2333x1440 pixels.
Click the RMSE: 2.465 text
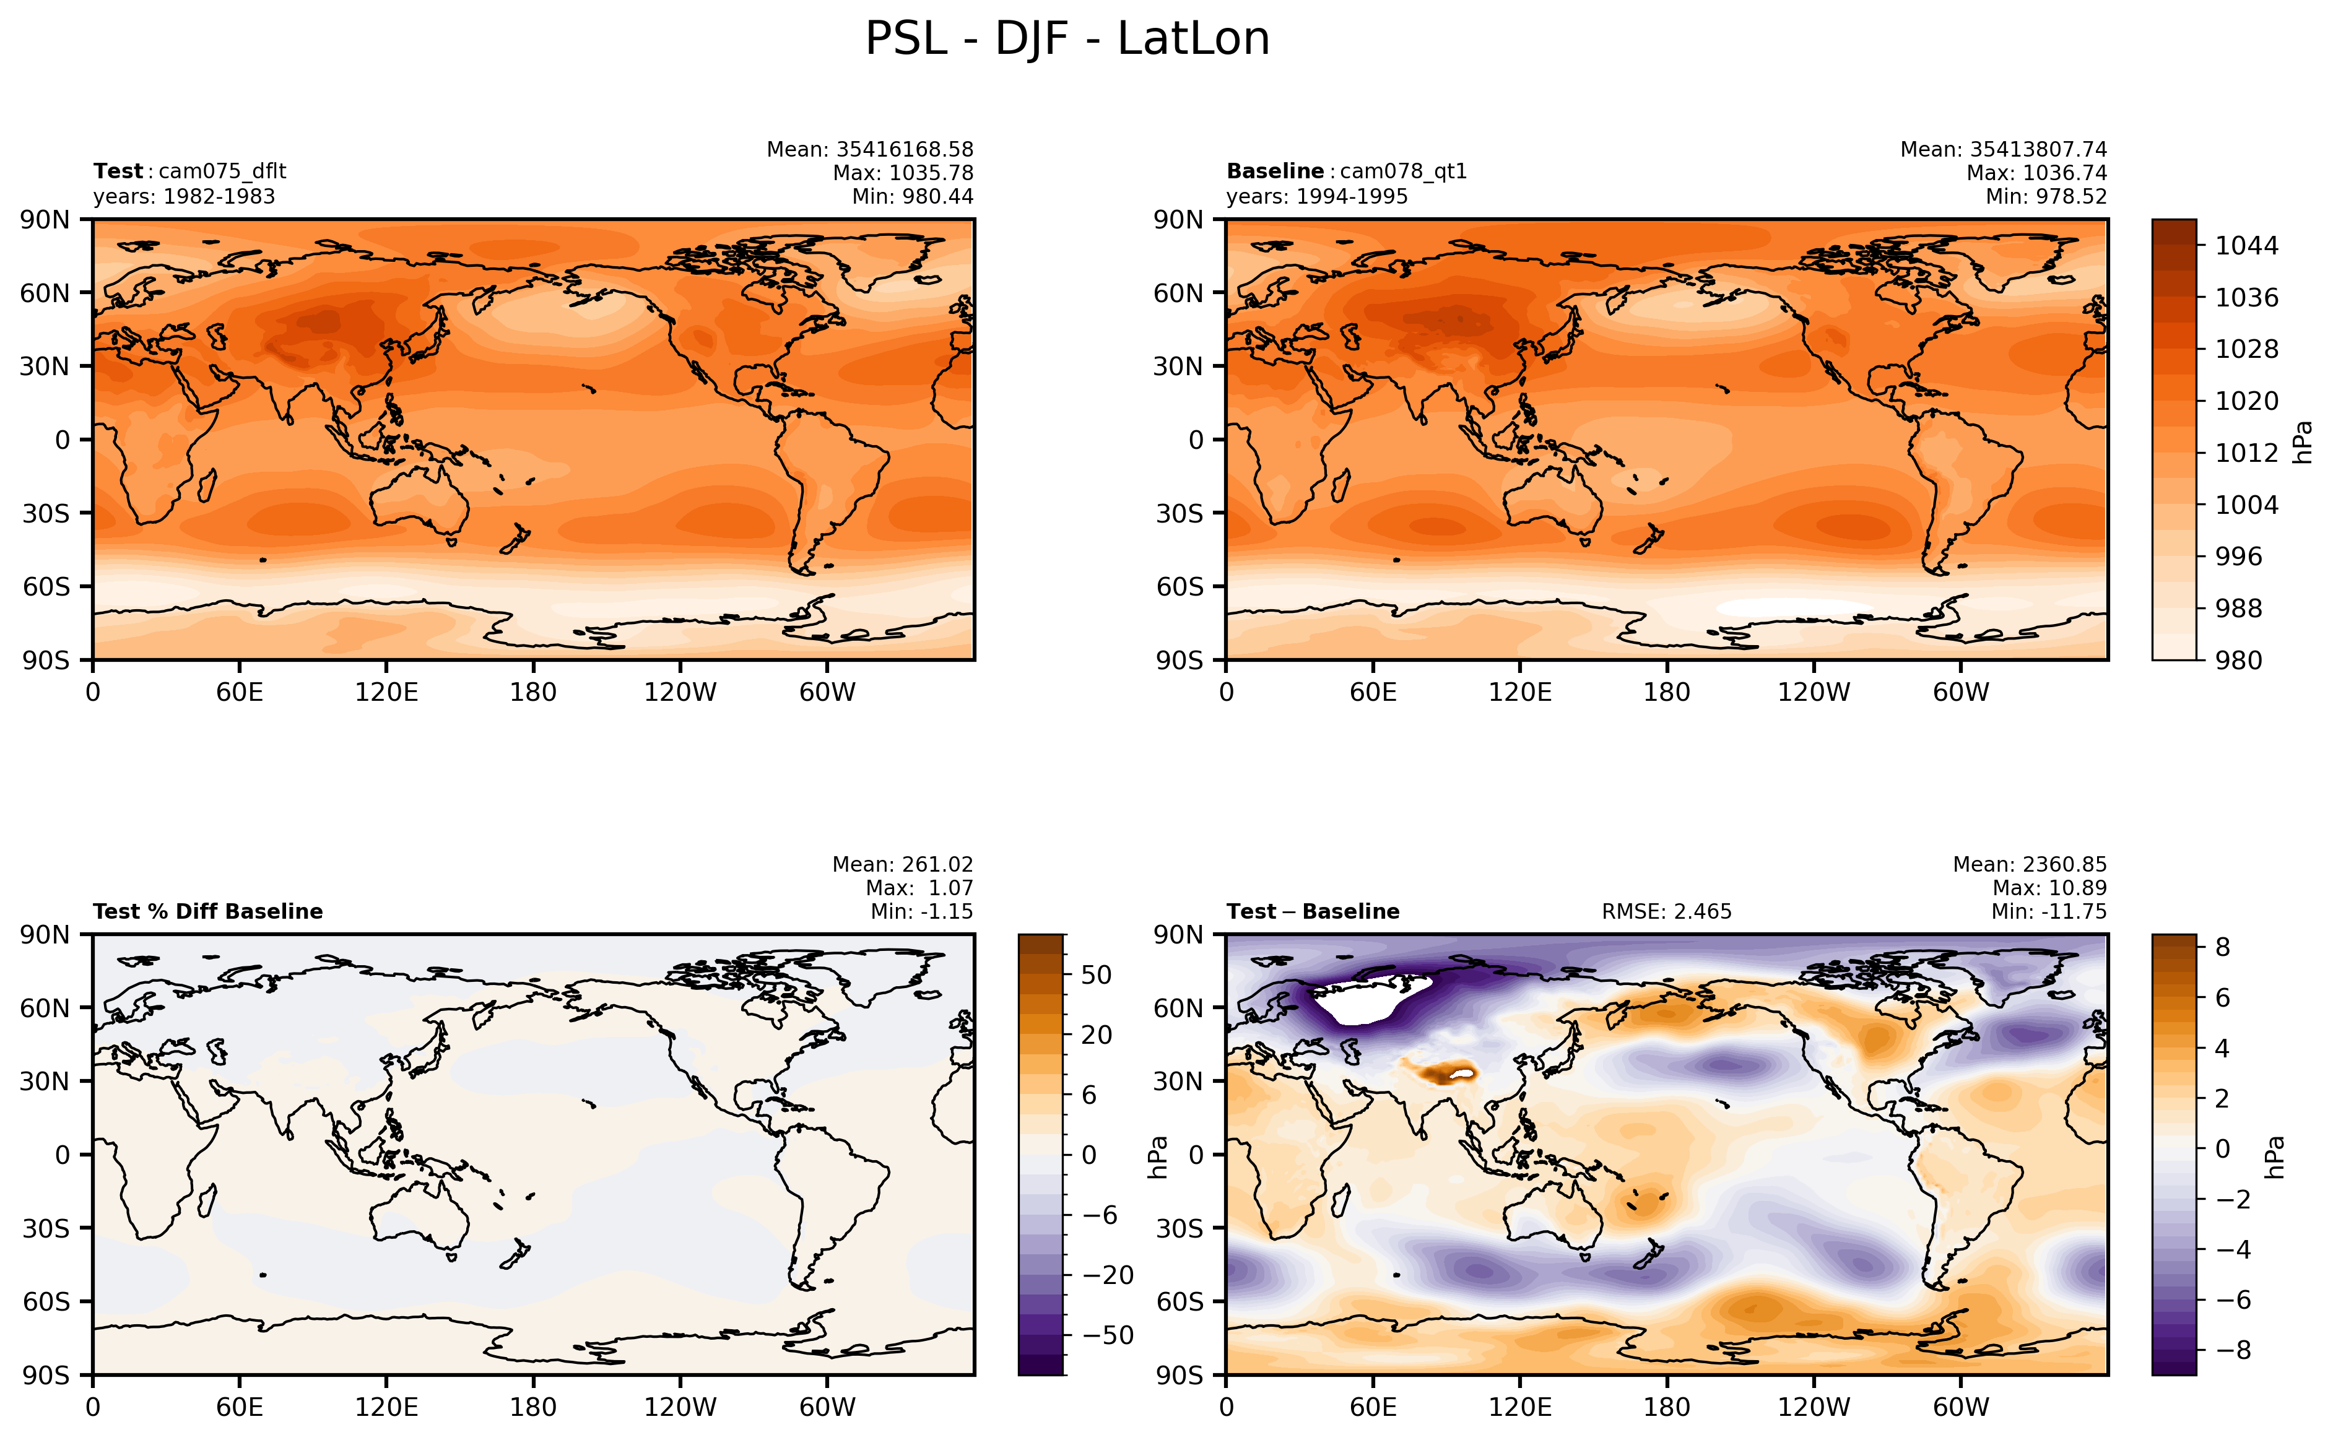click(x=1666, y=911)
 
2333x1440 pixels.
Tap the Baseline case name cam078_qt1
click(x=1404, y=171)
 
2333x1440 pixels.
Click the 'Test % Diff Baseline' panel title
click(x=207, y=911)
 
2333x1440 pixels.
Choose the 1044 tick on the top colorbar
click(x=2246, y=246)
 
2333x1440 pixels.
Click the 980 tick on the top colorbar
click(x=2238, y=660)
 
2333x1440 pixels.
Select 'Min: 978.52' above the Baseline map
click(x=2046, y=197)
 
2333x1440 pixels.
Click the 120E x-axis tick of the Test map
click(x=386, y=692)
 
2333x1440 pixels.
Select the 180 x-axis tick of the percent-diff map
click(x=532, y=1407)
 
